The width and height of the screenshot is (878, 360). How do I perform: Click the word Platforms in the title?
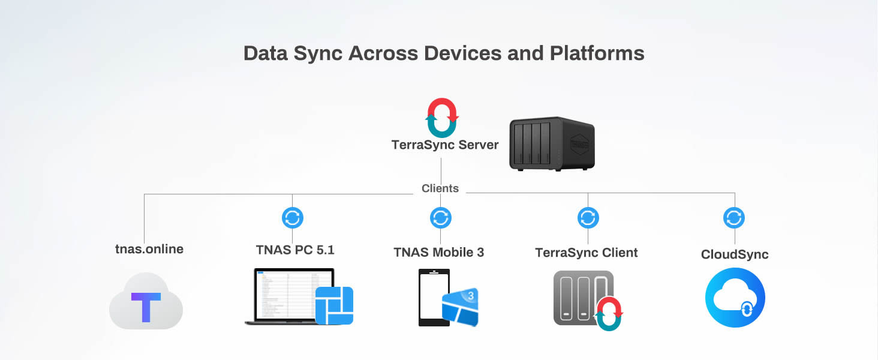point(597,53)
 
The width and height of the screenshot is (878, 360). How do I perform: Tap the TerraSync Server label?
point(444,145)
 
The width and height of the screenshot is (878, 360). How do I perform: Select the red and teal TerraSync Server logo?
point(442,118)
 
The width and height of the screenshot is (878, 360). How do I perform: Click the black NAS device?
point(551,143)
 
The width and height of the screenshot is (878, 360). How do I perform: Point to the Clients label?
point(440,188)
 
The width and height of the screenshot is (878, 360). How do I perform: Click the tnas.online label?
point(149,249)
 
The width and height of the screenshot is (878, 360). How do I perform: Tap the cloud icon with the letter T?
point(146,302)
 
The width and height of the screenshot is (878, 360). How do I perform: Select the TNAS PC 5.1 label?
point(295,250)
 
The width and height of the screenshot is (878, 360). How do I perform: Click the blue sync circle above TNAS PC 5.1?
point(293,218)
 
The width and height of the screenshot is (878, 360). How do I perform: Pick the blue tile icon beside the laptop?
point(334,305)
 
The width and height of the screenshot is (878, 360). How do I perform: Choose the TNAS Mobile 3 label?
point(439,253)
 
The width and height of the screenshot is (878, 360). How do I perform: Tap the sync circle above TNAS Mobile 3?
point(441,218)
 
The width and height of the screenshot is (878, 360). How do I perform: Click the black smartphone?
point(433,298)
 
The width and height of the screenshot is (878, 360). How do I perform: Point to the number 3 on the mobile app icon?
point(471,295)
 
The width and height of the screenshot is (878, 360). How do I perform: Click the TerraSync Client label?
point(587,253)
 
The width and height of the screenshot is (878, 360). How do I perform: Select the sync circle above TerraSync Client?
point(588,218)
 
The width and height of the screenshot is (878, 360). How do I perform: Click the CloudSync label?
point(735,254)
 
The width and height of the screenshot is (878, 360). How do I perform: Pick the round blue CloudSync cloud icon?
point(735,298)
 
